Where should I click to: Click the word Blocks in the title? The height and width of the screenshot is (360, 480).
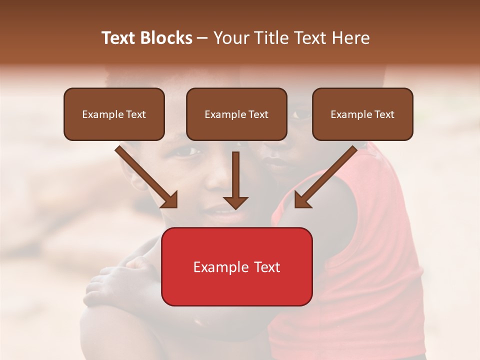pos(167,38)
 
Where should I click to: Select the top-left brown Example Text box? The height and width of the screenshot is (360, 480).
pos(114,114)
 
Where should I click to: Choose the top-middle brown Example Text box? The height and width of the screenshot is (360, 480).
pos(236,114)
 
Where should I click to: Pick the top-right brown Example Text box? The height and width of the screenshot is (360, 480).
pos(362,114)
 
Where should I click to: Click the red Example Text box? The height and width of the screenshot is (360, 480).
pos(236,267)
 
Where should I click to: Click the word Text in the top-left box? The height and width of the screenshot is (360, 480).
pos(136,114)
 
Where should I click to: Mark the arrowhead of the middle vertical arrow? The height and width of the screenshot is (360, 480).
pos(235,202)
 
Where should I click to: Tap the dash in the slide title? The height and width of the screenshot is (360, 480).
pos(202,38)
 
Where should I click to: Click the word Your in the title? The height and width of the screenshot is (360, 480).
pos(230,38)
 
